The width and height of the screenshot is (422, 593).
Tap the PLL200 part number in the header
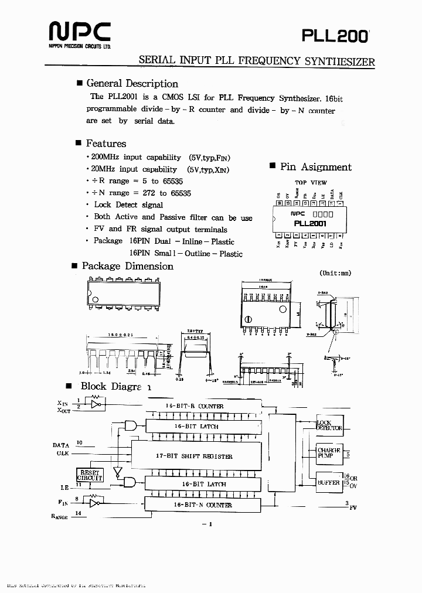pos(335,36)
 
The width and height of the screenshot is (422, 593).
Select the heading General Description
pos(132,83)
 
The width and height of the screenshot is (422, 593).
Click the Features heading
pos(105,143)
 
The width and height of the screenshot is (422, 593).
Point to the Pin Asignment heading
pos(315,166)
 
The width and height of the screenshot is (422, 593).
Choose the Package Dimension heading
pos(127,266)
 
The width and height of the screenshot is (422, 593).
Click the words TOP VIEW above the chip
pos(311,183)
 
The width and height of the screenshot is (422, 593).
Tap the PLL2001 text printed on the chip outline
pos(310,223)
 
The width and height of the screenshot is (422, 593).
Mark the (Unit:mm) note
pos(335,273)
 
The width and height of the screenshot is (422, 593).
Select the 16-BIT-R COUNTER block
pos(202,406)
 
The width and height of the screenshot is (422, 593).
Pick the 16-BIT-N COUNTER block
pos(202,505)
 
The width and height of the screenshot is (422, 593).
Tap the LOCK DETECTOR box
pos(329,425)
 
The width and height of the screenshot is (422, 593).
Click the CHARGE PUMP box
pos(329,452)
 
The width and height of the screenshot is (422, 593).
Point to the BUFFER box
pos(329,482)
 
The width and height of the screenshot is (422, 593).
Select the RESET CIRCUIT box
pos(90,475)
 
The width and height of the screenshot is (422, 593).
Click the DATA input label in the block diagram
pos(61,445)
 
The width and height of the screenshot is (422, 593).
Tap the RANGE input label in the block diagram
pos(60,516)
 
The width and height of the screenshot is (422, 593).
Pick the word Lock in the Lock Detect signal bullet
pos(103,205)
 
